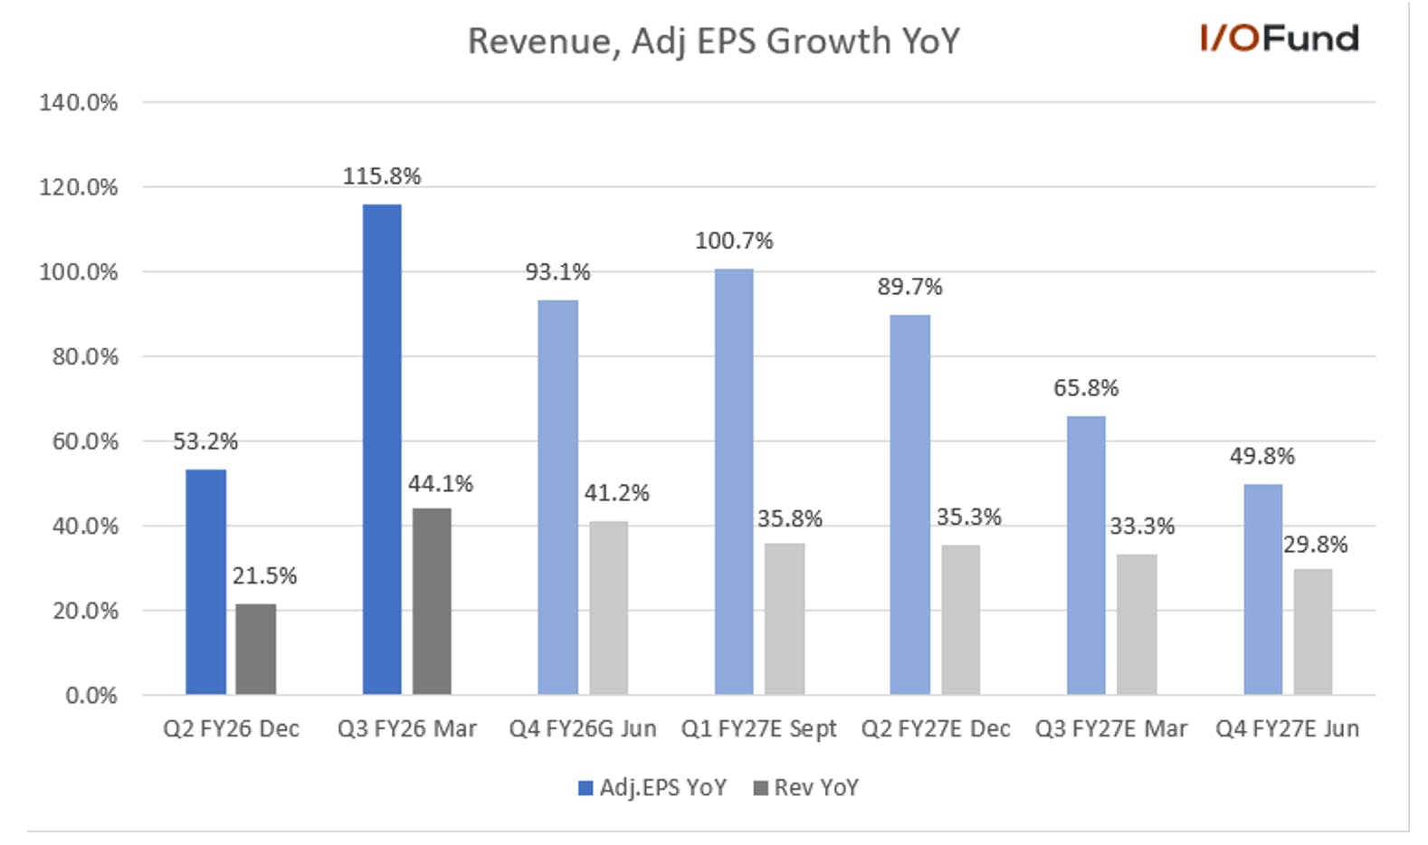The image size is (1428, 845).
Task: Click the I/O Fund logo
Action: pyautogui.click(x=1279, y=38)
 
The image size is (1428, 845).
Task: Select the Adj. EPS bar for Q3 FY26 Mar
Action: pyautogui.click(x=382, y=450)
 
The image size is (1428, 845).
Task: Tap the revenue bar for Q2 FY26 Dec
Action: pyautogui.click(x=255, y=650)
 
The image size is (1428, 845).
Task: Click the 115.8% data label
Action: pyautogui.click(x=382, y=176)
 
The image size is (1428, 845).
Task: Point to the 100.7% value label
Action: pyautogui.click(x=734, y=241)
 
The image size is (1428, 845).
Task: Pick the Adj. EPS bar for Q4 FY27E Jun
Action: pyautogui.click(x=1263, y=590)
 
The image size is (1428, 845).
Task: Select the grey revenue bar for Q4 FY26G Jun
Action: pyautogui.click(x=608, y=608)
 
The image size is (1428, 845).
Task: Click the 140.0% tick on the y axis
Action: pyautogui.click(x=79, y=102)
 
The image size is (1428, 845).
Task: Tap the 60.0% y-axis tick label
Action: pyautogui.click(x=85, y=441)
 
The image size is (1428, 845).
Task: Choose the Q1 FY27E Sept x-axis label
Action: pyautogui.click(x=758, y=728)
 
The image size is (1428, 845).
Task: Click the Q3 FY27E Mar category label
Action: pyautogui.click(x=1111, y=728)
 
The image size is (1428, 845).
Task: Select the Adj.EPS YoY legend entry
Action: pyautogui.click(x=652, y=788)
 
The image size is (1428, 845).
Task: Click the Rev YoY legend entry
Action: pyautogui.click(x=805, y=788)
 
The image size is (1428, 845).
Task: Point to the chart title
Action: pyautogui.click(x=713, y=42)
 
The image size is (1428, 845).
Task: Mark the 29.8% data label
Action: pyautogui.click(x=1315, y=545)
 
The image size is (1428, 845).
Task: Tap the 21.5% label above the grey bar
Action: pyautogui.click(x=264, y=576)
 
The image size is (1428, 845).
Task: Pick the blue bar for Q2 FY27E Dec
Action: pyautogui.click(x=909, y=505)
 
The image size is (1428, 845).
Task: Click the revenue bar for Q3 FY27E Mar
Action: pyautogui.click(x=1137, y=624)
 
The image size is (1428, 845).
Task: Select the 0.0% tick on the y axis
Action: pyautogui.click(x=91, y=695)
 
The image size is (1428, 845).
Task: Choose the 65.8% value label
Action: pyautogui.click(x=1086, y=388)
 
